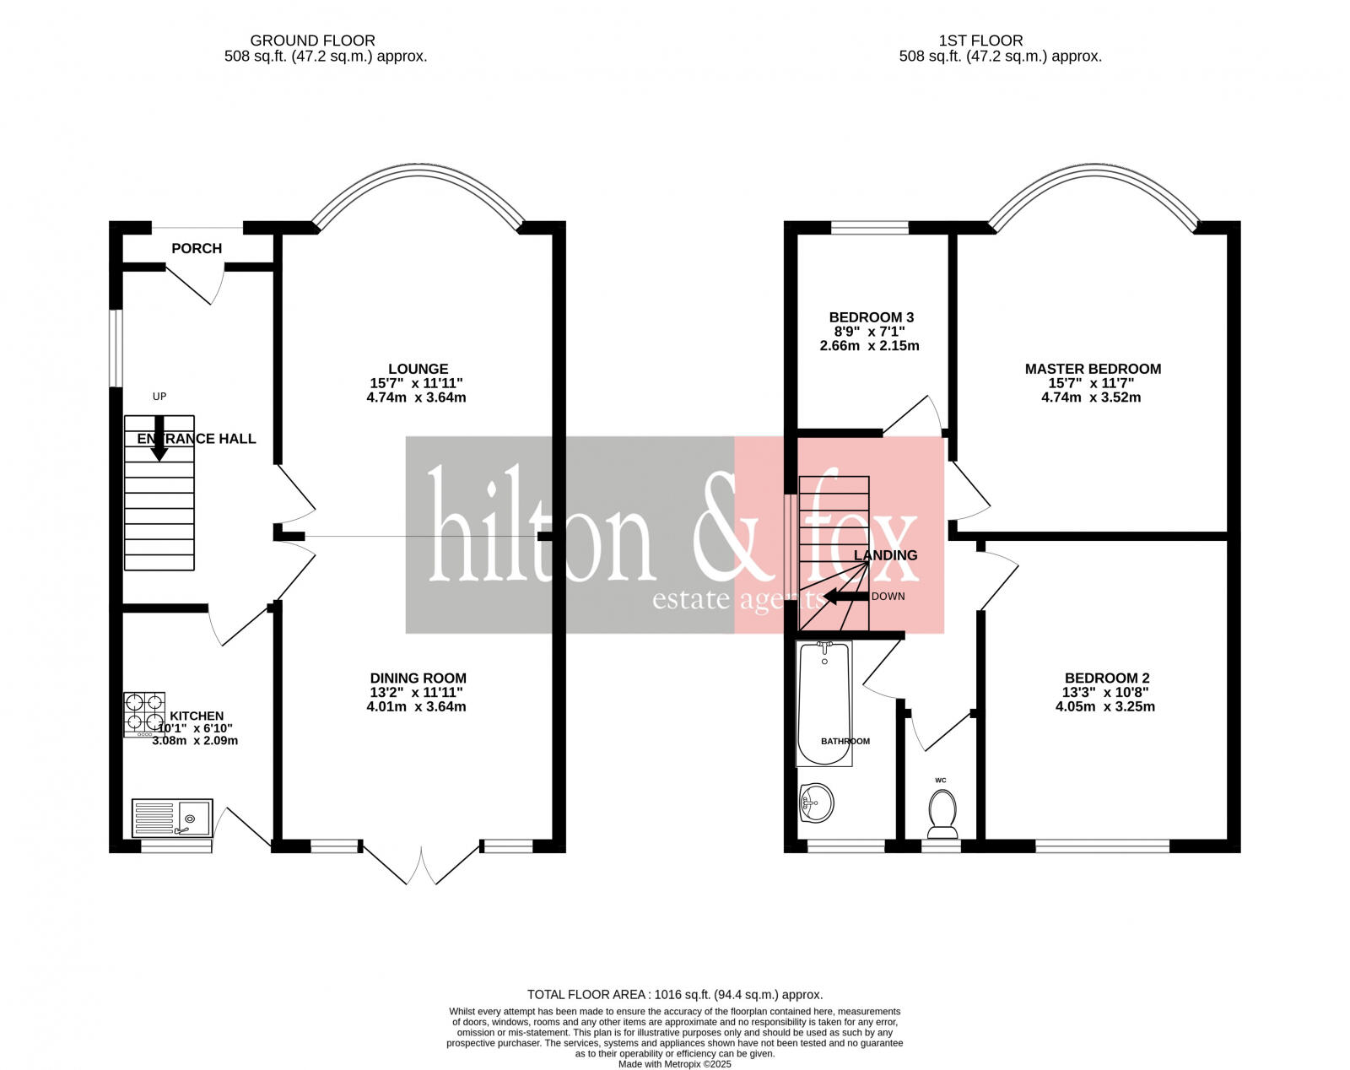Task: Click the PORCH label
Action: click(x=197, y=248)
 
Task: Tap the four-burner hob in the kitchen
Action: click(x=144, y=712)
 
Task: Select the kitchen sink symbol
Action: click(x=173, y=818)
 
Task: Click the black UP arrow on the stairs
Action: click(x=159, y=439)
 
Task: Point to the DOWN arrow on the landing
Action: click(x=845, y=597)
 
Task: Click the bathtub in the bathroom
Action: click(x=824, y=703)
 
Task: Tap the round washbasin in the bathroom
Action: click(x=816, y=802)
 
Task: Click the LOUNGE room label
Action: click(x=418, y=369)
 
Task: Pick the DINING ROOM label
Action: click(x=418, y=678)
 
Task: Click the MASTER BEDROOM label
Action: click(x=1093, y=369)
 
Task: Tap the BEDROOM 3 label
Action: click(x=871, y=317)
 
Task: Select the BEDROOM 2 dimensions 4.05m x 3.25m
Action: click(x=1104, y=706)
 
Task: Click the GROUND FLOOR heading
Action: click(x=312, y=41)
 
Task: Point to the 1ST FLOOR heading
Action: click(x=980, y=41)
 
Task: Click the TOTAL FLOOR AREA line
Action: click(x=674, y=994)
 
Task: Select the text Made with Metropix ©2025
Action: click(x=674, y=1064)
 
